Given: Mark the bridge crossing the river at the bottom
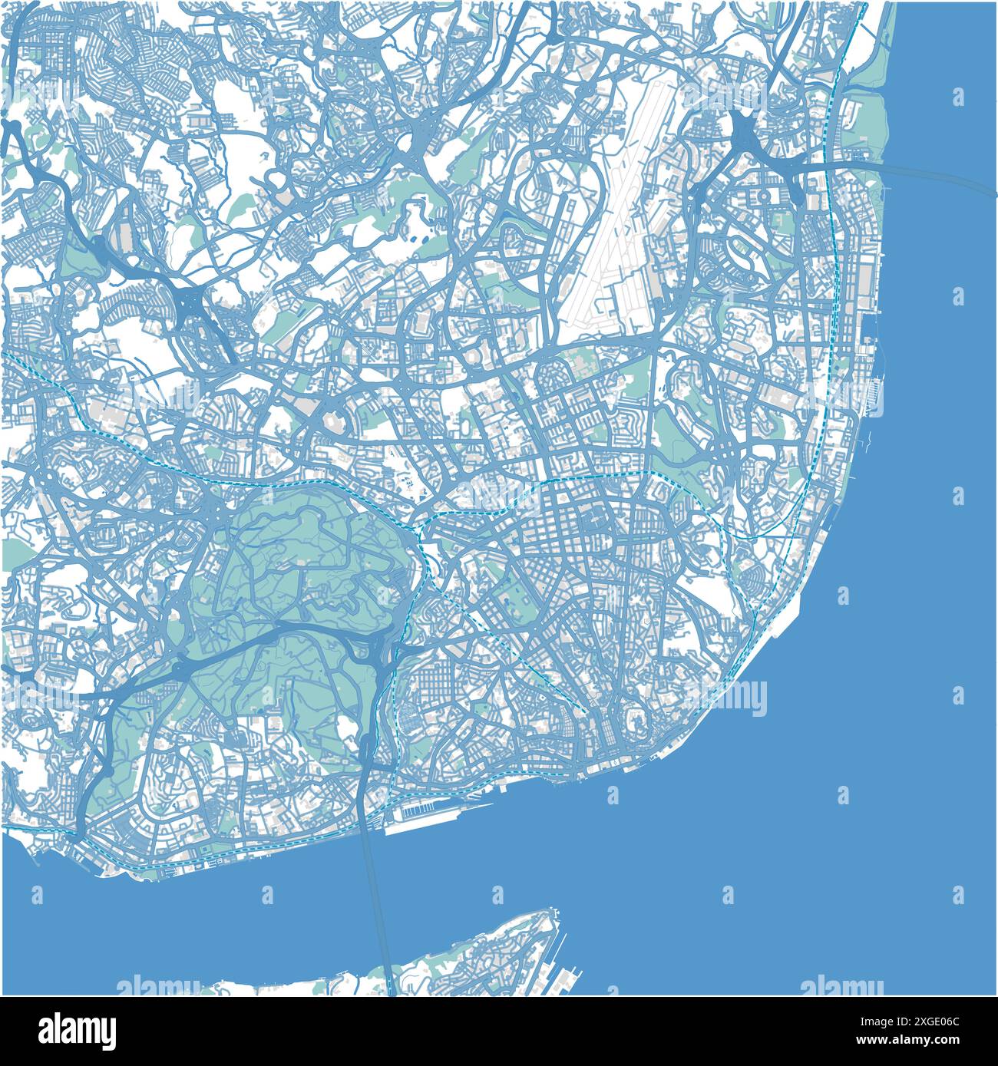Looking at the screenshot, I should pos(378,906).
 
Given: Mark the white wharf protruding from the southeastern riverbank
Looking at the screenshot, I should pos(787,614).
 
